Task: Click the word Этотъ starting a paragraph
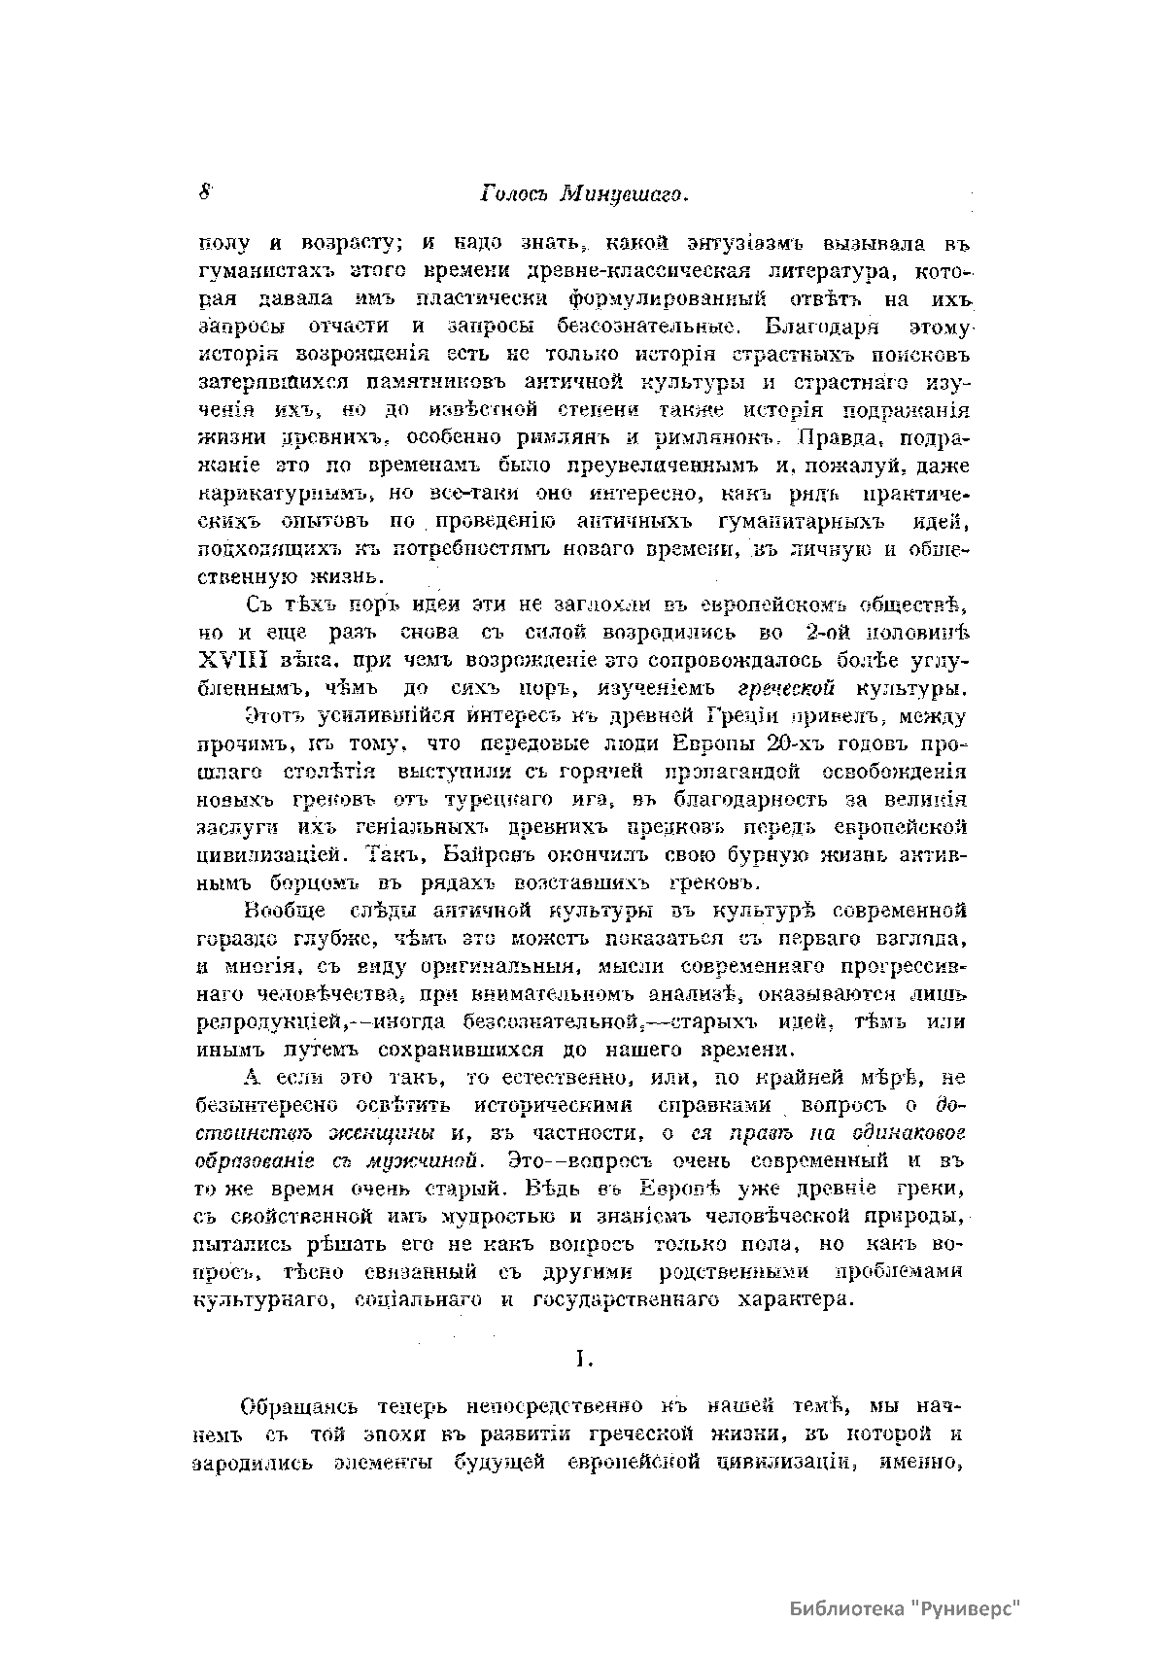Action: tap(276, 717)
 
